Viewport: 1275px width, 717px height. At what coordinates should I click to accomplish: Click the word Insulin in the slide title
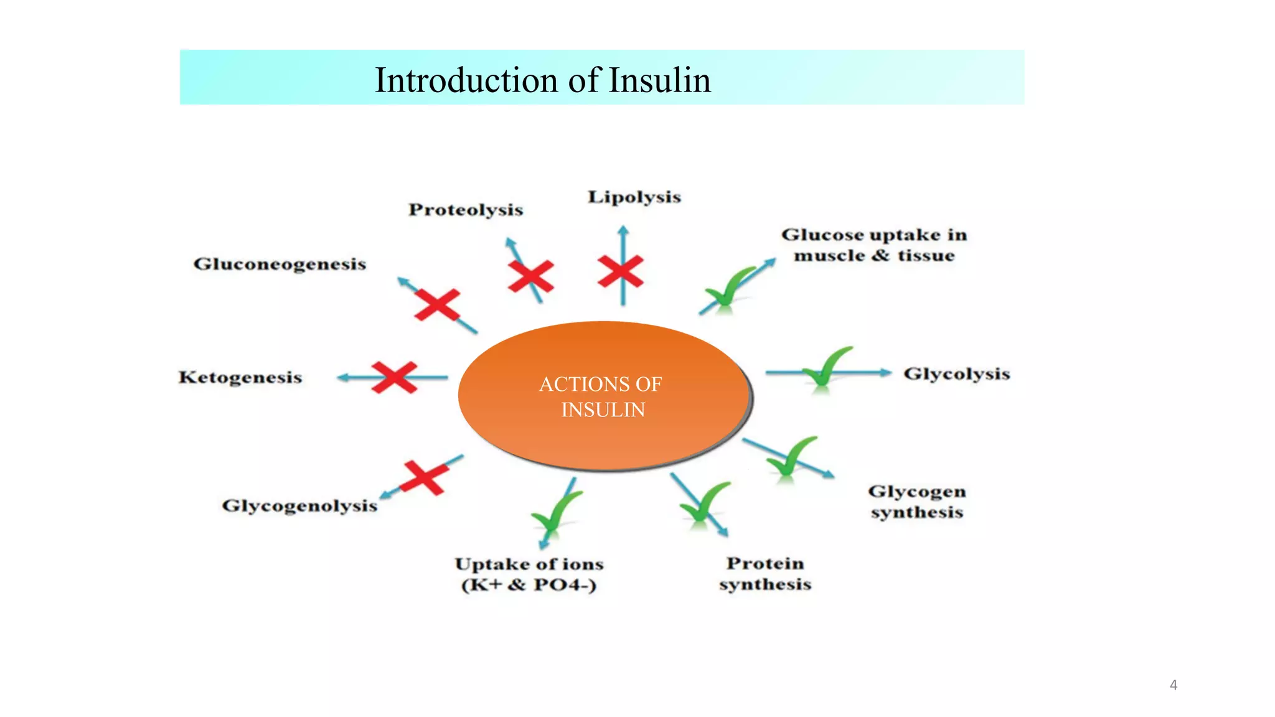tap(659, 80)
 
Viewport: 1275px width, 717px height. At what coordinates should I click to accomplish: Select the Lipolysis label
tap(634, 197)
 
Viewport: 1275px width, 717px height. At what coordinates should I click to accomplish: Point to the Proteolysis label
tap(466, 210)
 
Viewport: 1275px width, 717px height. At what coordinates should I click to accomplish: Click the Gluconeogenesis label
tap(280, 264)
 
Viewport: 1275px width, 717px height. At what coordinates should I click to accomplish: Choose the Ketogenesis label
tap(240, 377)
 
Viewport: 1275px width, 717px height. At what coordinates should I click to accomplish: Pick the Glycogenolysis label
tap(299, 505)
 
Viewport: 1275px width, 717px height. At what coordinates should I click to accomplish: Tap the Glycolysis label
tap(956, 374)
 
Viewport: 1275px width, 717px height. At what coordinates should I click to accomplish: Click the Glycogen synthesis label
tap(917, 502)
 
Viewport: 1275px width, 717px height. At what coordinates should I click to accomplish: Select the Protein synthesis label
tap(765, 573)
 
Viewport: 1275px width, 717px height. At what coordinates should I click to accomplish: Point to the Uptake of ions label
tap(529, 574)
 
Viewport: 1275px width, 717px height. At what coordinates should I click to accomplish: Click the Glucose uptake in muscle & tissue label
tap(874, 245)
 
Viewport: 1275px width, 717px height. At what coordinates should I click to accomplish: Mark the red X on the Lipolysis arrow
tap(621, 272)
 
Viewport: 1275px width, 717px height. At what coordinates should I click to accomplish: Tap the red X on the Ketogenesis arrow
tap(394, 377)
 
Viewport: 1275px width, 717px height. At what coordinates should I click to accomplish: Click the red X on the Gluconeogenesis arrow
tap(437, 304)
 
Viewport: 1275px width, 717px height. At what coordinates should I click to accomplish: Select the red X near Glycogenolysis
tap(424, 477)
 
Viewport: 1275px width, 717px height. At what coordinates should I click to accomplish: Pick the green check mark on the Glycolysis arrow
tap(826, 368)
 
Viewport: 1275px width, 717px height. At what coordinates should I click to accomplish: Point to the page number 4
tap(1174, 685)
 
